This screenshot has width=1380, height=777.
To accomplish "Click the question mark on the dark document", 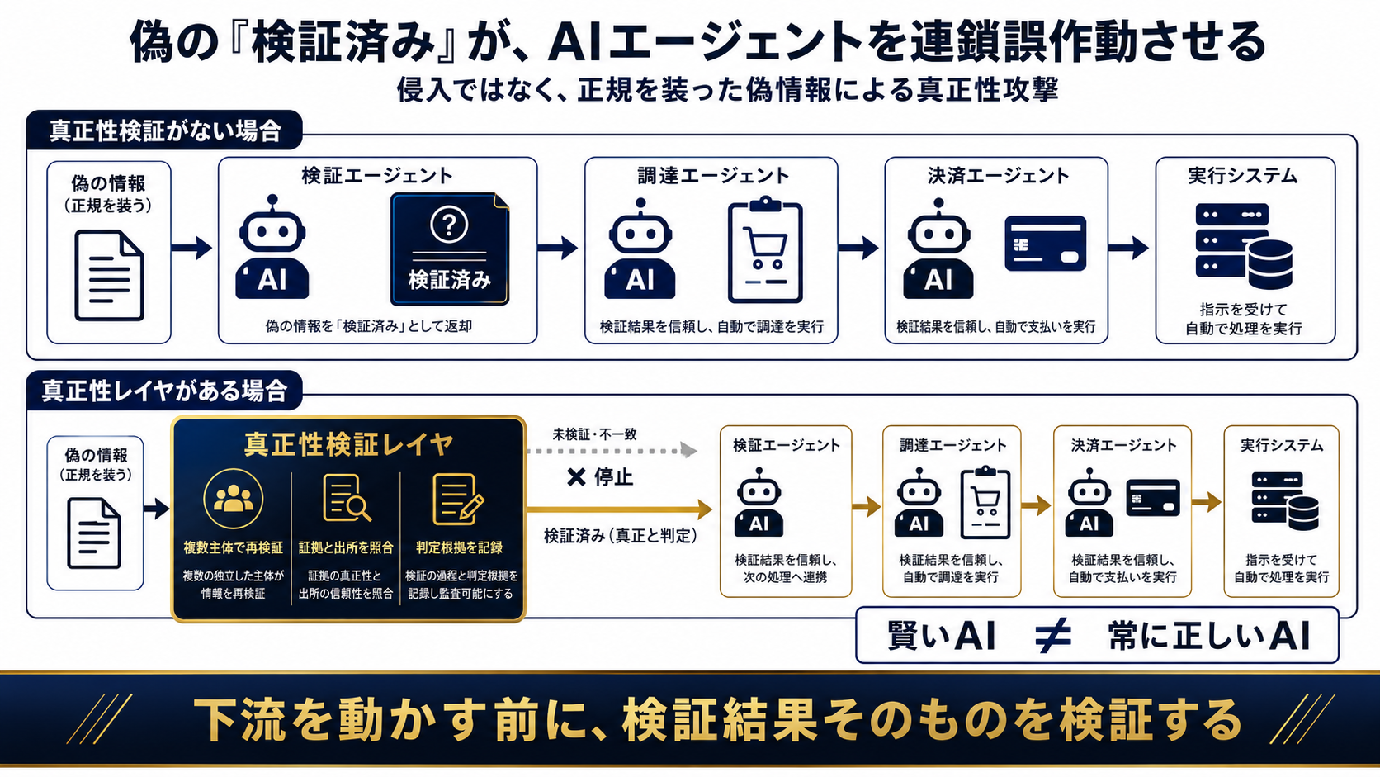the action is point(448,224).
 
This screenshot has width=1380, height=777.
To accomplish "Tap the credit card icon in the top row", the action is point(1046,244).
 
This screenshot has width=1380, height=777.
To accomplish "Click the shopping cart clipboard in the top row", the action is point(765,249).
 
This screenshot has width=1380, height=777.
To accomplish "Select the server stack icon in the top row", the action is point(1244,246).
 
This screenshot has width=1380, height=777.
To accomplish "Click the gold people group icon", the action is point(234,499).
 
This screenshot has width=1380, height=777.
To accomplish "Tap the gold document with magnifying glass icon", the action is point(347,498).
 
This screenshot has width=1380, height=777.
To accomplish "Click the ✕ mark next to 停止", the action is point(576,477).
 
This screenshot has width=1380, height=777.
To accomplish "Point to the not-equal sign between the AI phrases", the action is point(1053,635).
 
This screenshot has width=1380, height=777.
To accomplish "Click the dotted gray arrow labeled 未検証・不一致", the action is point(612,451).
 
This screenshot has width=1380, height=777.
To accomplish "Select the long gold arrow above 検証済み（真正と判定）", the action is point(620,509).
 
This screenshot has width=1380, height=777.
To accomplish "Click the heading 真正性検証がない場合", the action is point(165,130).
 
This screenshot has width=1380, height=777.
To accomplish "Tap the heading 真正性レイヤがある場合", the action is point(164,391).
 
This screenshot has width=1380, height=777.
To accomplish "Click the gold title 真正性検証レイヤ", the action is point(348,444).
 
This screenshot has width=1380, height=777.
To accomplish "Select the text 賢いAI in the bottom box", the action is point(942,635).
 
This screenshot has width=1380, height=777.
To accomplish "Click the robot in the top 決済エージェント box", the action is point(938,249).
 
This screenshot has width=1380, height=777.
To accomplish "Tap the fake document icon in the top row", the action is point(109,276).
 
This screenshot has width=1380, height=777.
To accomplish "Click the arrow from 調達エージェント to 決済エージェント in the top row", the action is point(858,248).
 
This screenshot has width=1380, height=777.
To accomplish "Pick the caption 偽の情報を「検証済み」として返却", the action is point(368,326).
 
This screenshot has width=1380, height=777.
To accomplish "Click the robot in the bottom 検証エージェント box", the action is point(759,501).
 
